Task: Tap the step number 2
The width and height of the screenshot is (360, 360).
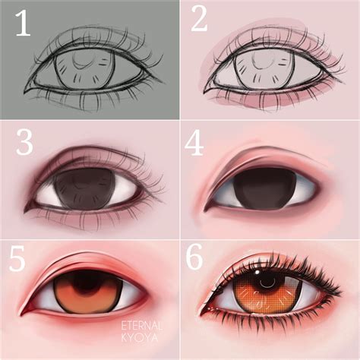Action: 199,21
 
